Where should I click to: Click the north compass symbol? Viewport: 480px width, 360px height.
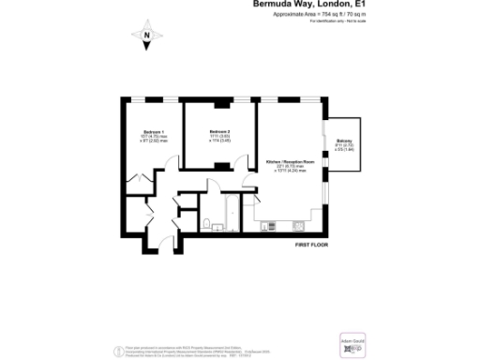point(147,37)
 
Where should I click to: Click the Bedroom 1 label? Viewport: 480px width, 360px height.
point(154,132)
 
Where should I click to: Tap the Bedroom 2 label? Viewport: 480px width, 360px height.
point(219,131)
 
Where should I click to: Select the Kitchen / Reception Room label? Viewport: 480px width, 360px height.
point(290,162)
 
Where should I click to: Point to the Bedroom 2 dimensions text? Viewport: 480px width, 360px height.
point(219,139)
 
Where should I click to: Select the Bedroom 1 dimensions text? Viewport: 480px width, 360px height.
point(154,140)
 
